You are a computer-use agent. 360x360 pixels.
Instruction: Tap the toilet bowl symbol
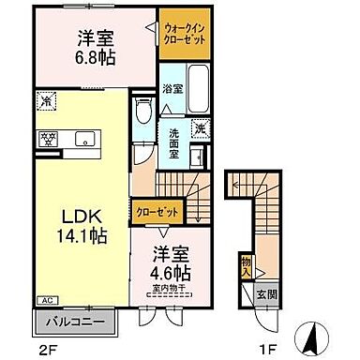(143, 115)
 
